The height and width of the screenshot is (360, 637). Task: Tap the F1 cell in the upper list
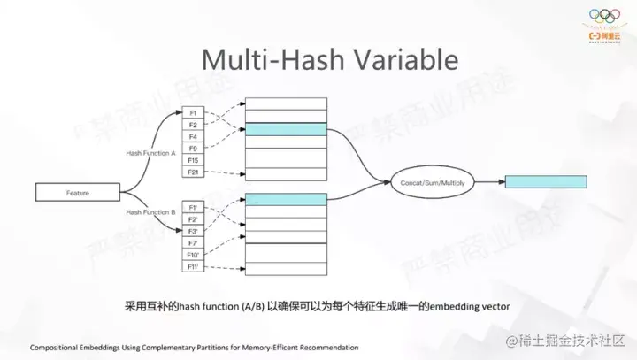193,114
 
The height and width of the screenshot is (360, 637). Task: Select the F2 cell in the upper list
193,126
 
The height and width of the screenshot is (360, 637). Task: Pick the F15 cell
193,160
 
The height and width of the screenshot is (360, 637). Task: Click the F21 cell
193,172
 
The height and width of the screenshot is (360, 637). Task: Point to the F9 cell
193,149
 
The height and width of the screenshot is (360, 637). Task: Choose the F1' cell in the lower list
193,207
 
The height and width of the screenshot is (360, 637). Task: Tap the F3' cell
193,230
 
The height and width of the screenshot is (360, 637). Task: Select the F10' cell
193,253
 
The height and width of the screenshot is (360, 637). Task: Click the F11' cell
193,264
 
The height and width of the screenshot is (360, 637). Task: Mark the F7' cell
193,241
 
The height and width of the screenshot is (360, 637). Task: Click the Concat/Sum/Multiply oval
434,181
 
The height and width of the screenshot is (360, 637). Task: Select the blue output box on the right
544,181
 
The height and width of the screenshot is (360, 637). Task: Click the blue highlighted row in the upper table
286,129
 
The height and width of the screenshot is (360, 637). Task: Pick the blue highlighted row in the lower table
286,200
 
